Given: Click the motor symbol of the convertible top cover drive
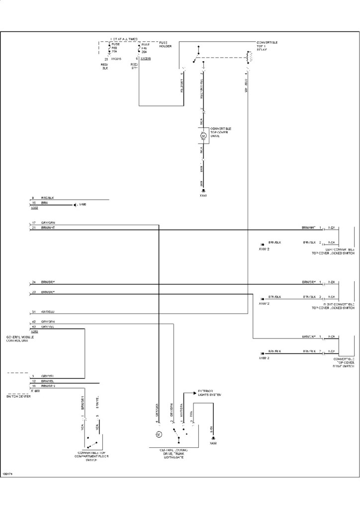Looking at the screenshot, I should point(203,135).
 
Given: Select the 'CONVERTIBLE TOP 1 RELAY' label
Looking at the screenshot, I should point(267,46).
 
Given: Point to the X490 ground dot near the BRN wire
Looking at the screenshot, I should point(74,204).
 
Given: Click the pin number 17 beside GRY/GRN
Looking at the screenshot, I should point(34,222).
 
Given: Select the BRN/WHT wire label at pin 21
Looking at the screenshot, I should point(48,227).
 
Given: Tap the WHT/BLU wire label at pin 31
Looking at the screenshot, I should point(48,312).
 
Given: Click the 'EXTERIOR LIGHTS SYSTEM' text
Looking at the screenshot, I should point(209,393).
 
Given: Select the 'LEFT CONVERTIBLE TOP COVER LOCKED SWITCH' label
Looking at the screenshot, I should point(333,251).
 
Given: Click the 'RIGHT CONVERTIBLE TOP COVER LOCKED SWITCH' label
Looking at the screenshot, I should point(333,305).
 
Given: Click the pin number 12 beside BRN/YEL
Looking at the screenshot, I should point(33,381).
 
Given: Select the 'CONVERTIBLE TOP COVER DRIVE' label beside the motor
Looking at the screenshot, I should point(220,132).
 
